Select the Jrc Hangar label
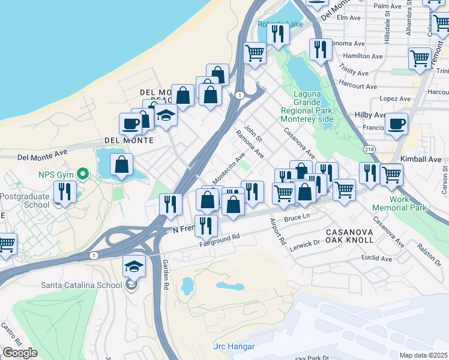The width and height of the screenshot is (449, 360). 234,347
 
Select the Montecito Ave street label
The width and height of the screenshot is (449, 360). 229,169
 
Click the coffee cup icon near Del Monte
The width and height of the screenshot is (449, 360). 130,124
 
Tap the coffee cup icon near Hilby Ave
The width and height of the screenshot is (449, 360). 396,124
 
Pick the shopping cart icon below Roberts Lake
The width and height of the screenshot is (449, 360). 255,53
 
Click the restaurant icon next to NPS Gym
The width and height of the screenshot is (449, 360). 64,191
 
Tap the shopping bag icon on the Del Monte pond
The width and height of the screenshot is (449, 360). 121,164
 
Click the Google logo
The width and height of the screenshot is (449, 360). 20,353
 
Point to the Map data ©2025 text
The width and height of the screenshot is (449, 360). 424,355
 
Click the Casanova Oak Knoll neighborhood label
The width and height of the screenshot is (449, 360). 349,235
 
